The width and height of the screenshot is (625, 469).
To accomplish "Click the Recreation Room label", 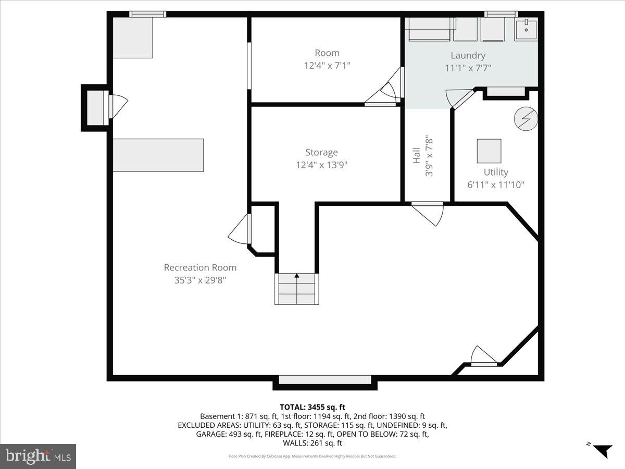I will click(x=200, y=267).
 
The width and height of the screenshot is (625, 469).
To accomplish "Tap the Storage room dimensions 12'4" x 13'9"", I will click(x=321, y=165).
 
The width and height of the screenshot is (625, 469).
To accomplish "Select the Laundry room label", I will click(x=468, y=55).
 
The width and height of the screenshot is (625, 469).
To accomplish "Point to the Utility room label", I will click(x=495, y=172).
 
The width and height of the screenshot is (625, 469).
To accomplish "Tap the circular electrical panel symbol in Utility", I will click(x=525, y=119).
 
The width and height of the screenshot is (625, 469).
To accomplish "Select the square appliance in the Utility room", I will click(x=489, y=151).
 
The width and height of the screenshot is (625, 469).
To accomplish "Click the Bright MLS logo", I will click(x=38, y=456).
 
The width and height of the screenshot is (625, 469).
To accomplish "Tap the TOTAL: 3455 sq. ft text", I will click(x=312, y=407).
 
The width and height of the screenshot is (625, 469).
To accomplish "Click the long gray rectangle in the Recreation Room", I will click(x=158, y=155).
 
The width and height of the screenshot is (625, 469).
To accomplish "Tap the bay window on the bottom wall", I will click(x=325, y=381).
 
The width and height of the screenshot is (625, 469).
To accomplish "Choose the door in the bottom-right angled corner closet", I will click(x=483, y=357).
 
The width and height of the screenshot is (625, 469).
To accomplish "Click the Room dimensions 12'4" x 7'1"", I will click(x=327, y=66).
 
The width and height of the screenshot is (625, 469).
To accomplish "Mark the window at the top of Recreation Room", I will click(x=147, y=14).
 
